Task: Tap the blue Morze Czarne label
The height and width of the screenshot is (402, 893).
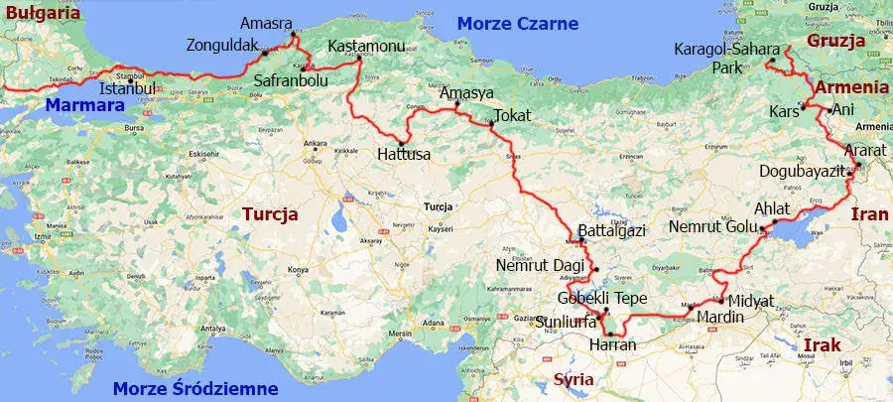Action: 508,22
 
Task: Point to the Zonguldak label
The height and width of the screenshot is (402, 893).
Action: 223,45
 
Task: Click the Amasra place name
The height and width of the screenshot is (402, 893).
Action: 267,24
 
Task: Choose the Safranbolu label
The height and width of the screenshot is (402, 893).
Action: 290,81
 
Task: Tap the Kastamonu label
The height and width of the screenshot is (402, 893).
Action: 363,47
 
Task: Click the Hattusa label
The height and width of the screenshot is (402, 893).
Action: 404,156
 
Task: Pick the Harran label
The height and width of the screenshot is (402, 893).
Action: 611,345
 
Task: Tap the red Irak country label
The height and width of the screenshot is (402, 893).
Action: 822,344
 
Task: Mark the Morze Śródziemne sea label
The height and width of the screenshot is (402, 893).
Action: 195,388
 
